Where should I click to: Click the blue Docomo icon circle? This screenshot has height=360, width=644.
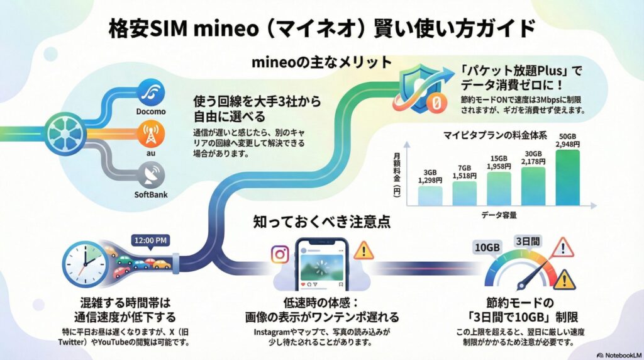click(150, 92)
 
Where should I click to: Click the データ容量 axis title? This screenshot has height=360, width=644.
click(501, 215)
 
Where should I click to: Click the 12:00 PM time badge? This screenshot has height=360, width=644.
click(150, 240)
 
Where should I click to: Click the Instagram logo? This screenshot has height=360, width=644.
click(279, 254)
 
